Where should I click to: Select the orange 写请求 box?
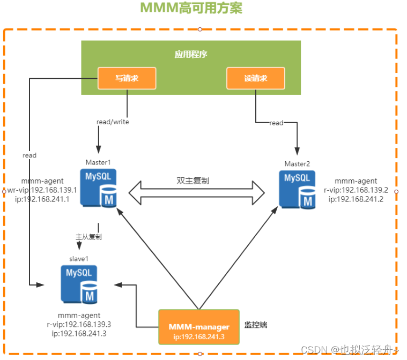(x=127, y=78)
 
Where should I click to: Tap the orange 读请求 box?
(x=255, y=78)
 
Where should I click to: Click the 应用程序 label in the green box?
(x=190, y=54)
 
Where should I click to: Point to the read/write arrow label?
(x=113, y=122)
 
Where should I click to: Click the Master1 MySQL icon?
(x=99, y=187)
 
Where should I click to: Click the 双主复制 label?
(x=193, y=181)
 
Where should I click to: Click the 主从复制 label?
(x=88, y=236)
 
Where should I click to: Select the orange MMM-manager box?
(x=199, y=327)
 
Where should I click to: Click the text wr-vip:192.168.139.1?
(x=42, y=190)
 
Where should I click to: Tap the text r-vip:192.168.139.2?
(x=356, y=190)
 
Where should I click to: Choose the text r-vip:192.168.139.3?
(x=79, y=324)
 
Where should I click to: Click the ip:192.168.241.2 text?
(x=356, y=199)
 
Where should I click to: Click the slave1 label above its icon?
(x=78, y=258)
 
